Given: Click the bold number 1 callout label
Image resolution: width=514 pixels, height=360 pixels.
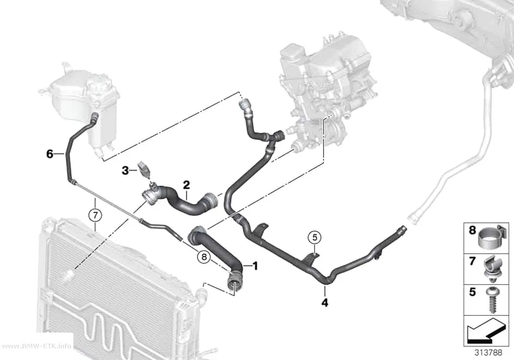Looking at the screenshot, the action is pos(255,266).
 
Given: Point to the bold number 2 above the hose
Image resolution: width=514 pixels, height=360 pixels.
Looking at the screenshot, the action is pos(186,185).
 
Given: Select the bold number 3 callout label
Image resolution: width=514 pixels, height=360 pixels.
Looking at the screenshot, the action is pos(125,170).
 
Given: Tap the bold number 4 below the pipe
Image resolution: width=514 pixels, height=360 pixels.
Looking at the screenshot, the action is pos(325,303).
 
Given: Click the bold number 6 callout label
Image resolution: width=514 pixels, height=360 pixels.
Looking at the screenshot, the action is pos(49,153).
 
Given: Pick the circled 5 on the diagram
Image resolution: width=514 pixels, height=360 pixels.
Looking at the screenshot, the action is pos(315,237).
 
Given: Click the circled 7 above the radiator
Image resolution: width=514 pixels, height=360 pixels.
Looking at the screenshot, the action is pos(95,215).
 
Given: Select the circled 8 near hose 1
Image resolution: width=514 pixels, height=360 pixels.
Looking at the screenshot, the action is pos(204,257).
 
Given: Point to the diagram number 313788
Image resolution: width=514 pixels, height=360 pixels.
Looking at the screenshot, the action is pos(489,353).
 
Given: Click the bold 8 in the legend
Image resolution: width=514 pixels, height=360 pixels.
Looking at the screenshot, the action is pos(472,230).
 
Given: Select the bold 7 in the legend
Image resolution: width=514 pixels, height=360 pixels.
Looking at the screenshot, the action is pos(472,261).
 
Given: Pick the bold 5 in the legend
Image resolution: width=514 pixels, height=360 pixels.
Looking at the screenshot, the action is pos(472,292).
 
